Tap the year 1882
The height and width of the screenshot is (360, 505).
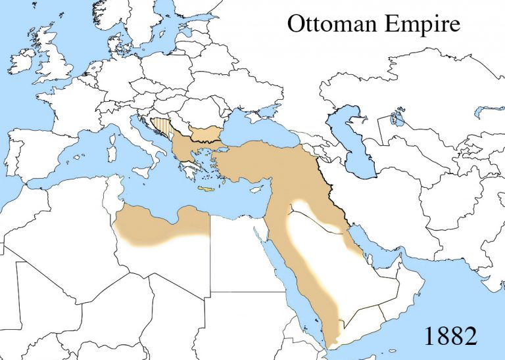(450, 336)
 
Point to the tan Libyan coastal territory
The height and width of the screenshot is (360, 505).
(158, 227)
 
